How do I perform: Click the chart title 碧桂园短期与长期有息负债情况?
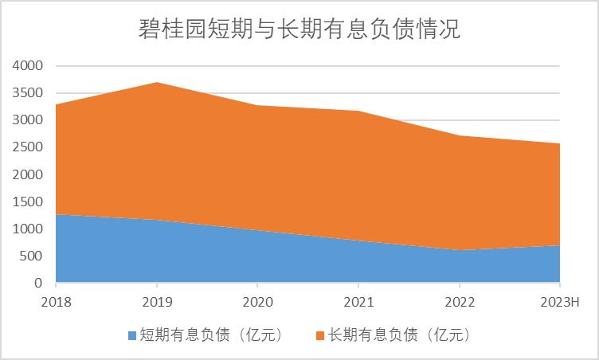(x=299, y=29)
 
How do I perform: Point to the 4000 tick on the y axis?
(x=28, y=66)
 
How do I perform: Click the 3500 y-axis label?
(x=28, y=93)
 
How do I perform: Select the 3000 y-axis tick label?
(x=28, y=120)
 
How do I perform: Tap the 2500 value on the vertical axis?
(x=28, y=147)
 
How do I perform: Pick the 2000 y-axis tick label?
(x=28, y=174)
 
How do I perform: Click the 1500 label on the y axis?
(x=28, y=202)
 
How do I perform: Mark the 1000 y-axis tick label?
(x=28, y=229)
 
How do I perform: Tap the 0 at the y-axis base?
(x=38, y=283)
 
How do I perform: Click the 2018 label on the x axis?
(x=56, y=303)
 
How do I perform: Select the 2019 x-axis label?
(x=156, y=303)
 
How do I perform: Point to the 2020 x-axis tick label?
(x=257, y=303)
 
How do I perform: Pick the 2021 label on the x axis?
(x=358, y=303)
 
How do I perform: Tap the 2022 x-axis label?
(x=459, y=303)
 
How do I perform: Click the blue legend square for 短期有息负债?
(x=132, y=335)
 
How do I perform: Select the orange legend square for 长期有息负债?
(x=322, y=335)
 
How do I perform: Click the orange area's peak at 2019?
(x=156, y=83)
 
